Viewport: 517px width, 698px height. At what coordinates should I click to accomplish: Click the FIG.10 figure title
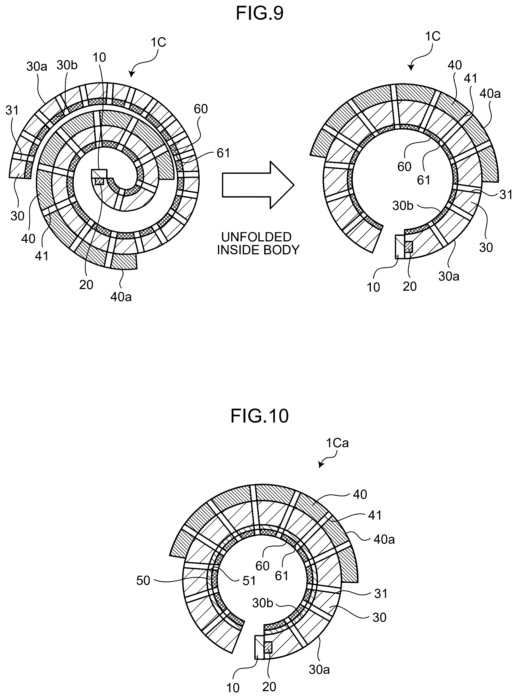tap(259, 416)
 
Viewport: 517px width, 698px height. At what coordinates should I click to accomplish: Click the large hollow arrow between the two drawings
tap(258, 185)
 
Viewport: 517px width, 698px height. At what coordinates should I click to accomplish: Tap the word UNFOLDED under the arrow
tap(256, 237)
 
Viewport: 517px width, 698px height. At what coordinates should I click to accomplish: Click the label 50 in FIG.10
tap(143, 580)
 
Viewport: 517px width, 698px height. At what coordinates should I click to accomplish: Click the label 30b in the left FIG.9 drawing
tap(67, 65)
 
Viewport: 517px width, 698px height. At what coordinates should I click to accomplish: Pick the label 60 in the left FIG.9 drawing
tap(201, 109)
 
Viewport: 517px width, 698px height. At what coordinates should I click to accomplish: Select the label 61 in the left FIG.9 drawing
tap(223, 153)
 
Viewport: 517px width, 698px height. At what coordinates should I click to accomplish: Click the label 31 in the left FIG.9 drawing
tap(12, 111)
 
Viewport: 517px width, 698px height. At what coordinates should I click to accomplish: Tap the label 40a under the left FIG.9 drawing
tap(121, 297)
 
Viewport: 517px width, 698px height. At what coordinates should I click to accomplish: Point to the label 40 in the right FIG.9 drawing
tap(455, 65)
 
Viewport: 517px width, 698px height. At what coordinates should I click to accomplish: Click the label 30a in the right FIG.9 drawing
tap(449, 276)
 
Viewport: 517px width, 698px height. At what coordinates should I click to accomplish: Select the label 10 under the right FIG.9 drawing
tap(373, 287)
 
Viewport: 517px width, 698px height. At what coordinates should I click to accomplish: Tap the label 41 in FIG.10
tap(375, 515)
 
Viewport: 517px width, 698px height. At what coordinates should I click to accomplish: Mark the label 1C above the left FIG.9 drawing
tap(159, 42)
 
